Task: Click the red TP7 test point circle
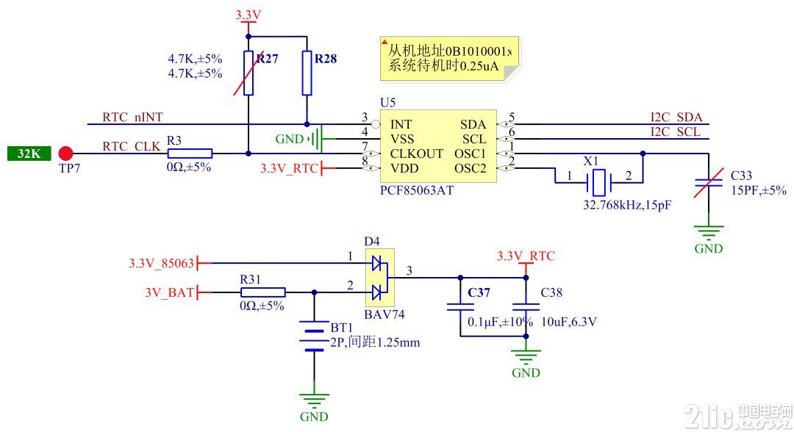(x=65, y=154)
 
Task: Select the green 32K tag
(x=29, y=154)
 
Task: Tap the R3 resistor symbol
(x=190, y=154)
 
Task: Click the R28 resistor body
(x=307, y=73)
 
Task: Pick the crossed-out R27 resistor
(x=248, y=73)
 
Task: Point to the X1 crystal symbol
(x=599, y=183)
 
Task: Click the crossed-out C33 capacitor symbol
(x=709, y=183)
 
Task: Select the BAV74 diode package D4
(x=379, y=278)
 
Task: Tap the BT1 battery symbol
(x=314, y=335)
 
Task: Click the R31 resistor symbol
(x=262, y=292)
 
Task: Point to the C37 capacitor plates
(x=460, y=306)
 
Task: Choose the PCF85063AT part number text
(x=417, y=191)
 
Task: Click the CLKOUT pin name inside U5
(x=416, y=154)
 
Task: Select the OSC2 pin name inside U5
(x=470, y=168)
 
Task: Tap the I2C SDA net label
(x=676, y=118)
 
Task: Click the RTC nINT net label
(x=132, y=118)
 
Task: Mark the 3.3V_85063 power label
(x=161, y=263)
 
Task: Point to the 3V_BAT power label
(x=169, y=292)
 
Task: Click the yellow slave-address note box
(x=450, y=59)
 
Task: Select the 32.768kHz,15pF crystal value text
(x=627, y=206)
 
